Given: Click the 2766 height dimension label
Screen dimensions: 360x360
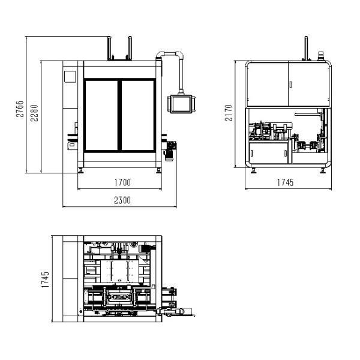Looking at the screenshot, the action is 20,109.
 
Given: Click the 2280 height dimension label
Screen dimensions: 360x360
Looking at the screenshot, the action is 34,113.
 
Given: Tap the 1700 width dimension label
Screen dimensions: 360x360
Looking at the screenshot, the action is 122,182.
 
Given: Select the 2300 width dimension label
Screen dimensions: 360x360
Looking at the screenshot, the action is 122,200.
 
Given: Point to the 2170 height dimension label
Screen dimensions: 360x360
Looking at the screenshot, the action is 229,113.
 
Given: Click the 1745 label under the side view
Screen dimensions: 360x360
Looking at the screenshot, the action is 286,182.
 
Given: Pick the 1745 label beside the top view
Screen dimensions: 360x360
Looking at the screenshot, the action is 45,280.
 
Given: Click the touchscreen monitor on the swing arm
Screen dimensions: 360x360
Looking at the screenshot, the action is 181,104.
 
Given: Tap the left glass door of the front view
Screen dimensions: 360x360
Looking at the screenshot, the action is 101,115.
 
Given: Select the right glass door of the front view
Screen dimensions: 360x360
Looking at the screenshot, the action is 137,115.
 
